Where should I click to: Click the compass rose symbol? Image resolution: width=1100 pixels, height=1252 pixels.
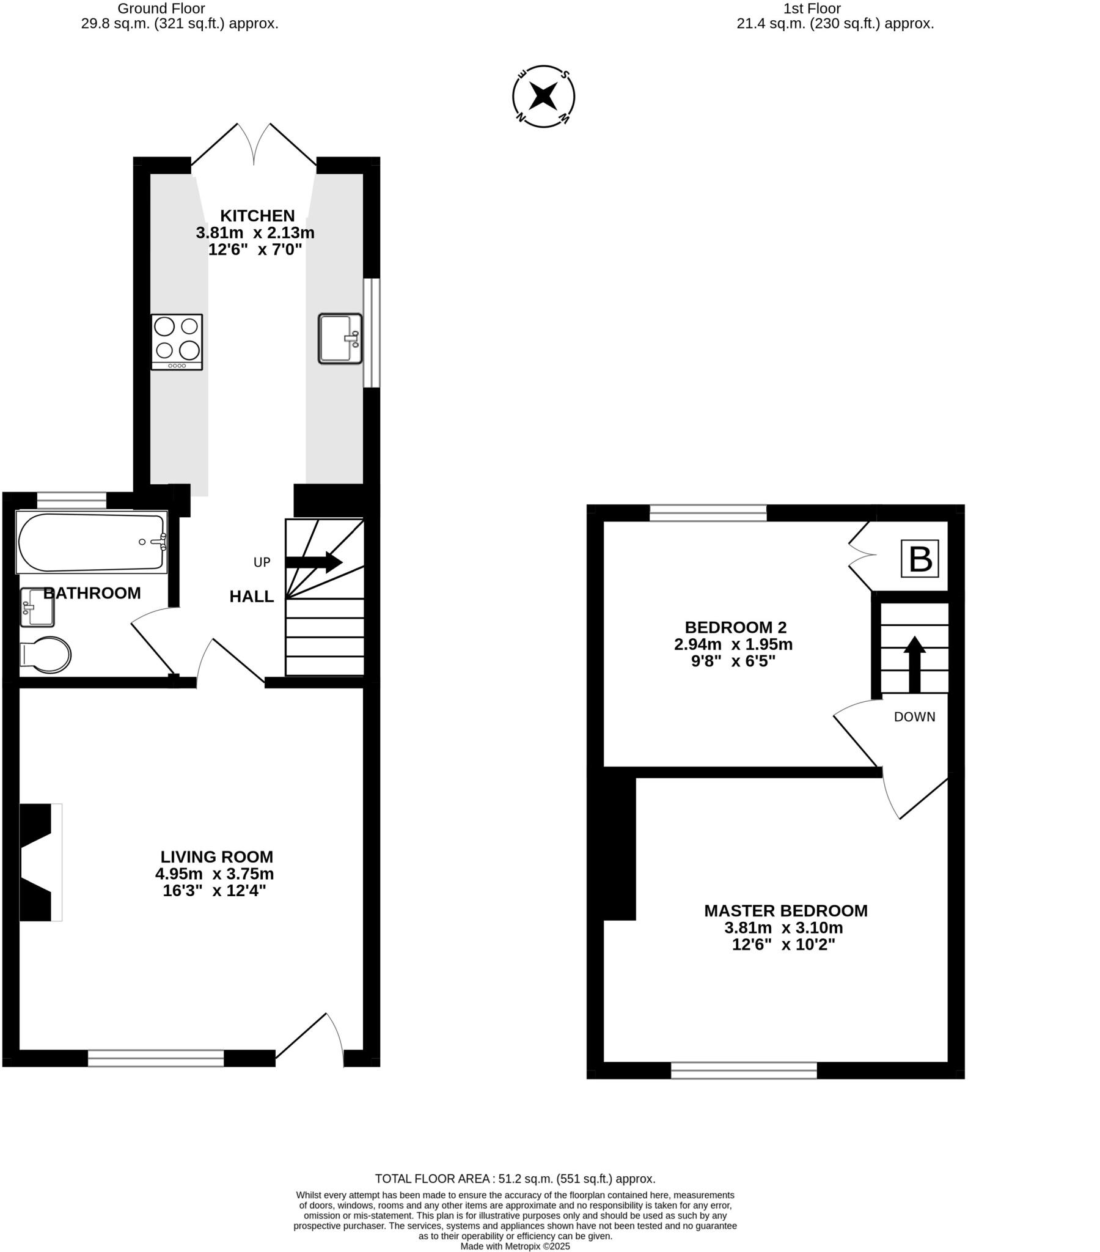click(543, 96)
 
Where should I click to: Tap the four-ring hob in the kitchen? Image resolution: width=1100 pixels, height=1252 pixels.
click(177, 341)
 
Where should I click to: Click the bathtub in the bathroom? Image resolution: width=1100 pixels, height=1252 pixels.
click(92, 542)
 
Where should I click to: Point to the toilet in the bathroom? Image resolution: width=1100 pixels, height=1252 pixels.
click(45, 655)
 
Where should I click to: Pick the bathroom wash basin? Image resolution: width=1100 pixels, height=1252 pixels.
click(37, 607)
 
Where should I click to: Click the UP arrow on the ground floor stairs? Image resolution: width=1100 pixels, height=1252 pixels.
click(313, 562)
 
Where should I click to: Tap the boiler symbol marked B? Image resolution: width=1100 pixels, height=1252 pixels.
click(919, 558)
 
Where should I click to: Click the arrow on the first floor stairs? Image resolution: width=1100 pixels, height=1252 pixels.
click(914, 664)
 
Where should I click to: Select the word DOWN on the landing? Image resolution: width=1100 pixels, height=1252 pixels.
click(914, 716)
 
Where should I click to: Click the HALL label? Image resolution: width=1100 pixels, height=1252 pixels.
click(251, 597)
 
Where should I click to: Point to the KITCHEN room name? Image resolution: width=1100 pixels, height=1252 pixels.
click(257, 216)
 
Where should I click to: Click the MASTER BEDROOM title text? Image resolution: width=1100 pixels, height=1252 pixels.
click(785, 911)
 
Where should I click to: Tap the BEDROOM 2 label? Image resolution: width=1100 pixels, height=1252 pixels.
click(735, 627)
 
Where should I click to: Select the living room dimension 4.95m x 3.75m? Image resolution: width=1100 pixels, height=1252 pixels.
click(215, 874)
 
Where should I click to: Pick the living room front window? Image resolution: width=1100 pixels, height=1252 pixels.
click(156, 1058)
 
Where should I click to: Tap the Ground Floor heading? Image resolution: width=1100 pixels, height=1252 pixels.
click(161, 9)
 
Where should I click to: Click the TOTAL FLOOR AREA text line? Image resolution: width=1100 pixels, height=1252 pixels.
click(515, 1179)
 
